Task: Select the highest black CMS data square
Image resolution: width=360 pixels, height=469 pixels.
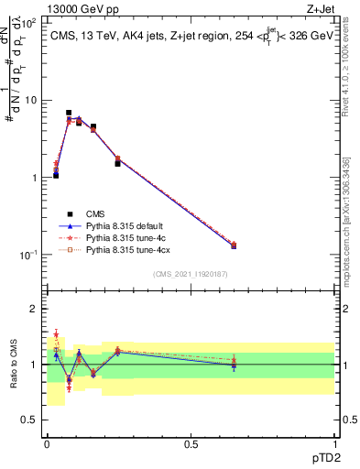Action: (69, 113)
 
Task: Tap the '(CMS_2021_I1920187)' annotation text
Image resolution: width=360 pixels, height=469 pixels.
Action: (191, 274)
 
